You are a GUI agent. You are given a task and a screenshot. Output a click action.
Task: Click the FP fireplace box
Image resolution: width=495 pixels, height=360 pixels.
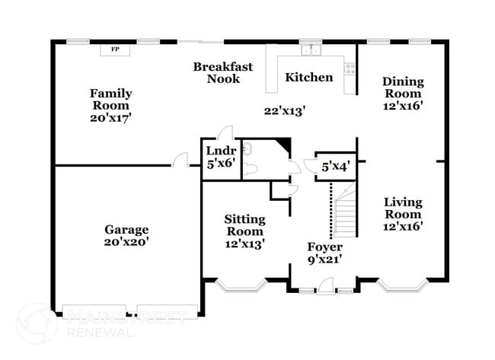pyautogui.click(x=116, y=49)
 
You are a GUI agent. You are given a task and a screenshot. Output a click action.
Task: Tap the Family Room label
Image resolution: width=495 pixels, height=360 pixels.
pyautogui.click(x=111, y=105)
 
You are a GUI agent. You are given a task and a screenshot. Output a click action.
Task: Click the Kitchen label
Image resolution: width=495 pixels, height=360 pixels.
pyautogui.click(x=308, y=77)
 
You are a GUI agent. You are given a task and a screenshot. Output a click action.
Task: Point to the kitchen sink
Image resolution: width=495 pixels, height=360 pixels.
pyautogui.click(x=311, y=51)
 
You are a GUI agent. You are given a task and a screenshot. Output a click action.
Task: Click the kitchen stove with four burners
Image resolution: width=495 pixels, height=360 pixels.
pyautogui.click(x=350, y=68)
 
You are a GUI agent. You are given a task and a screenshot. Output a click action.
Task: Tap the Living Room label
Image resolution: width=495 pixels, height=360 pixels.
pyautogui.click(x=403, y=213)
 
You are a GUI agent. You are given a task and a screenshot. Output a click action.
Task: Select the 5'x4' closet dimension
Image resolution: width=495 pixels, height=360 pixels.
pyautogui.click(x=335, y=167)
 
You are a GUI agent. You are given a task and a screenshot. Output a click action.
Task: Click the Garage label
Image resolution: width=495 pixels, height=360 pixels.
pyautogui.click(x=126, y=235)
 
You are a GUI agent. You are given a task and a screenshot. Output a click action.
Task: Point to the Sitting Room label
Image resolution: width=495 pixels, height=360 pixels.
pyautogui.click(x=244, y=231)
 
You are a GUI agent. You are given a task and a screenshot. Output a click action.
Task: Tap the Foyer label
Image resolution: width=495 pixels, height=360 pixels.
pyautogui.click(x=325, y=253)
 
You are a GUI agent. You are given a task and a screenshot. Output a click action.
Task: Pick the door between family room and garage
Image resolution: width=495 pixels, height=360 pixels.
pyautogui.click(x=180, y=160)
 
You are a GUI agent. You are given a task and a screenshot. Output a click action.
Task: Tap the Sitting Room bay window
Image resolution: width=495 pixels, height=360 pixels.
pyautogui.click(x=240, y=286)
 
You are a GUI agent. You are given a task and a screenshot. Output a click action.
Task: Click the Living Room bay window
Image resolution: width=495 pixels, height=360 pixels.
pyautogui.click(x=402, y=286)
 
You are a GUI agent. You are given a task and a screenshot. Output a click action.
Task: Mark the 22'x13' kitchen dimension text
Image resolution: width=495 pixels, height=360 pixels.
pyautogui.click(x=284, y=110)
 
